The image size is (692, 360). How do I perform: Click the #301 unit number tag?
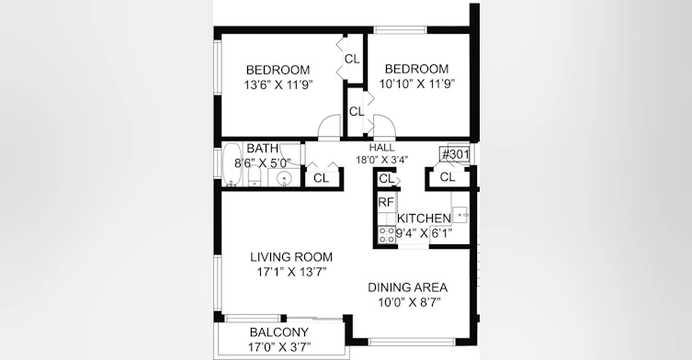pyautogui.click(x=454, y=155)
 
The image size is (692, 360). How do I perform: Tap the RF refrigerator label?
pyautogui.click(x=386, y=202)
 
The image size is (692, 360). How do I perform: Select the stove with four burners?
pyautogui.click(x=387, y=234)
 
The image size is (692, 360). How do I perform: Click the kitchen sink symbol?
pyautogui.click(x=460, y=215)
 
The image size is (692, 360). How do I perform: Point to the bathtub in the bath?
pyautogui.click(x=231, y=163)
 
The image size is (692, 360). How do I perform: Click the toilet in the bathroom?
pyautogui.click(x=254, y=177)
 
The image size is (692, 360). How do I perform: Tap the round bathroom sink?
pyautogui.click(x=284, y=178)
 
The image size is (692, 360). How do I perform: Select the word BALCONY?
pyautogui.click(x=279, y=332)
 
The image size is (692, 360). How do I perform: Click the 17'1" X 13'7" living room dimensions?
pyautogui.click(x=291, y=272)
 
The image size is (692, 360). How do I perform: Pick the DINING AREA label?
pyautogui.click(x=408, y=287)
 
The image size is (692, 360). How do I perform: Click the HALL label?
pyautogui.click(x=381, y=148)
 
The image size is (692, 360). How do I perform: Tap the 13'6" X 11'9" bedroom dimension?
pyautogui.click(x=278, y=84)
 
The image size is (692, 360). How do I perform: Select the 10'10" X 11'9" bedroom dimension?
pyautogui.click(x=417, y=84)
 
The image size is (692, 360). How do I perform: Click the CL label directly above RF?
pyautogui.click(x=387, y=179)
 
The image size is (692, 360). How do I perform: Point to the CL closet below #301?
pyautogui.click(x=448, y=177)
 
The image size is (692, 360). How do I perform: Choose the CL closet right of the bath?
pyautogui.click(x=322, y=178)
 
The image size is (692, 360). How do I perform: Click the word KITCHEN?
pyautogui.click(x=424, y=219)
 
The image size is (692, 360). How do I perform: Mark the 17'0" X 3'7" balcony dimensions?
pyautogui.click(x=279, y=347)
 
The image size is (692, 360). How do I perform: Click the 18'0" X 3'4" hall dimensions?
pyautogui.click(x=382, y=159)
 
